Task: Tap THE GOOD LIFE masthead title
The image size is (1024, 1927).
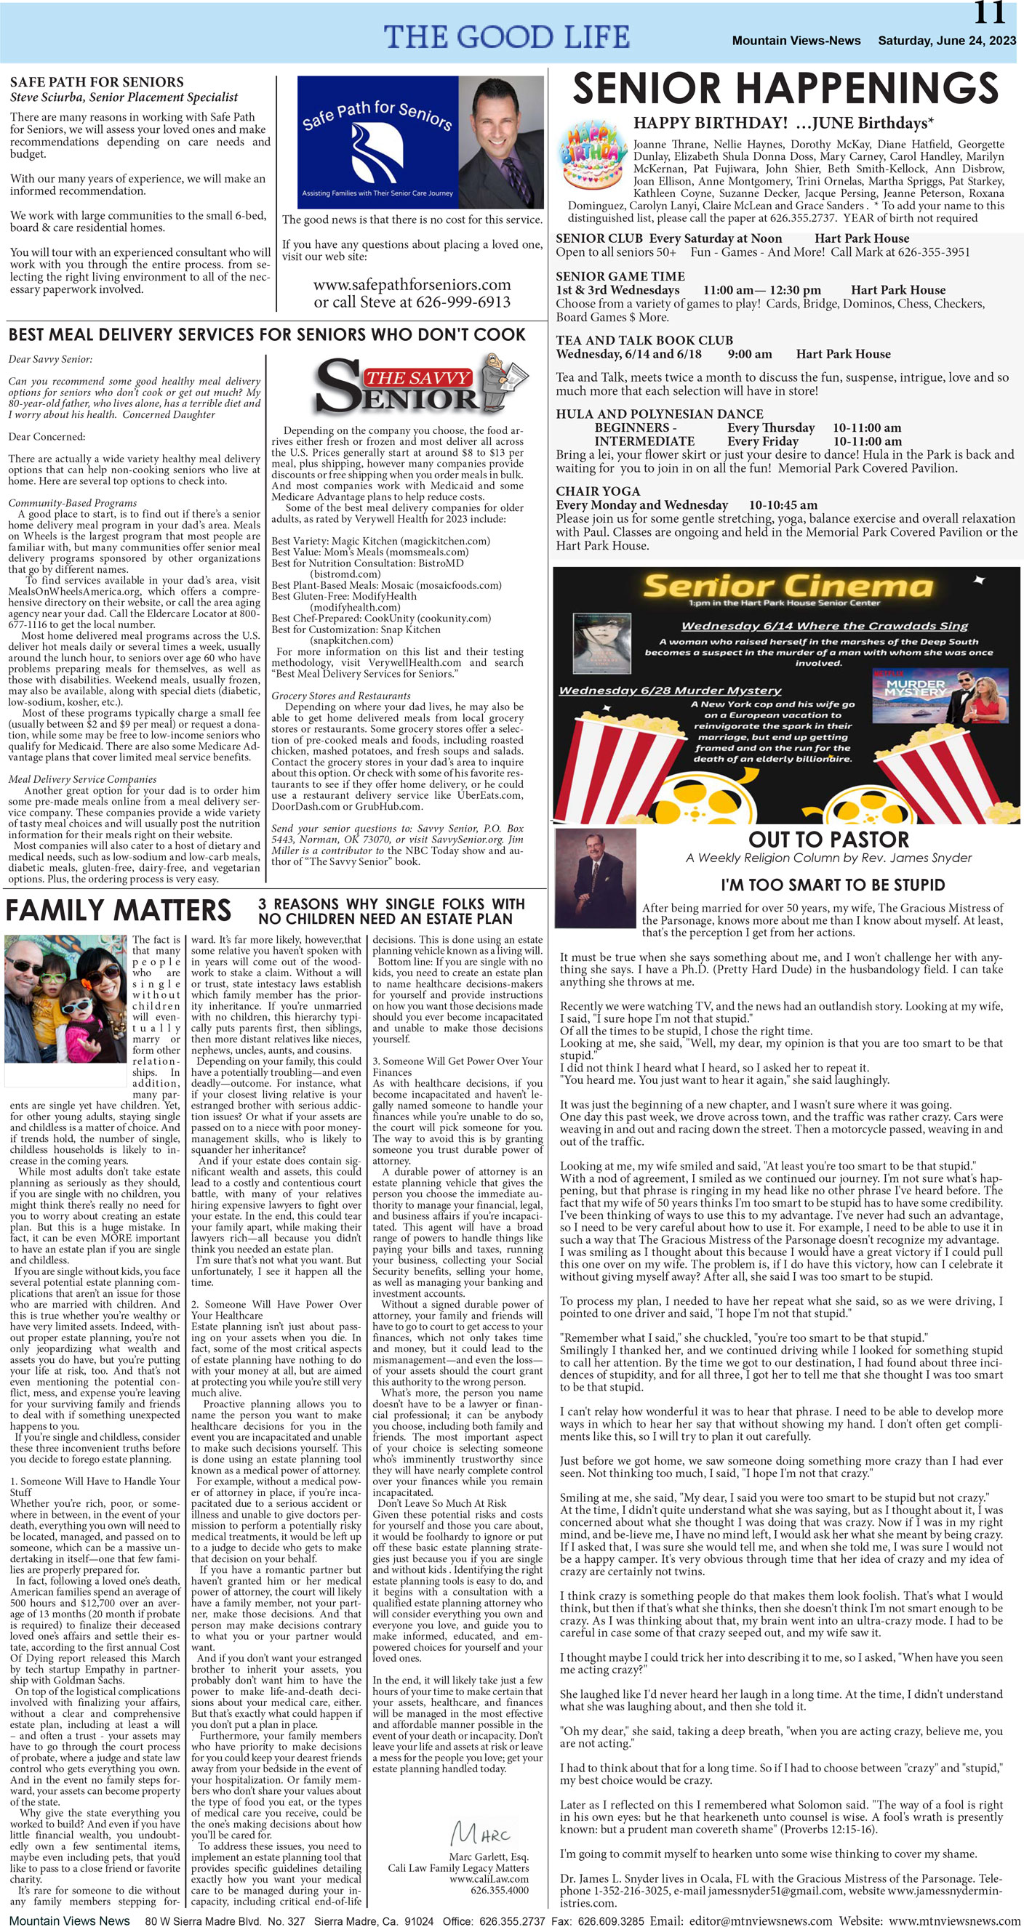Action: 507,36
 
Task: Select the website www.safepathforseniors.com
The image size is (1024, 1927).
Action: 412,285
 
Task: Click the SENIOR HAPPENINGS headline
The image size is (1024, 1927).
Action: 785,88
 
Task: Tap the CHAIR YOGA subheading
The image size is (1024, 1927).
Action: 597,491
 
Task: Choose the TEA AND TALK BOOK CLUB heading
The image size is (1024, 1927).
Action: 644,340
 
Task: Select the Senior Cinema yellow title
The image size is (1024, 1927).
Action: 788,585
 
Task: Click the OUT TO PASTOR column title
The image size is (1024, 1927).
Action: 828,840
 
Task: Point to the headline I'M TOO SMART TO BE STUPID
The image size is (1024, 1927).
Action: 833,885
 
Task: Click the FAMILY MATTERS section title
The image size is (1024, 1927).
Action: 119,910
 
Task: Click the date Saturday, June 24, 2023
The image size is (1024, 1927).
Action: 946,41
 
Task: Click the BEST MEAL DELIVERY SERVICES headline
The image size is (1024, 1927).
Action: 266,334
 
